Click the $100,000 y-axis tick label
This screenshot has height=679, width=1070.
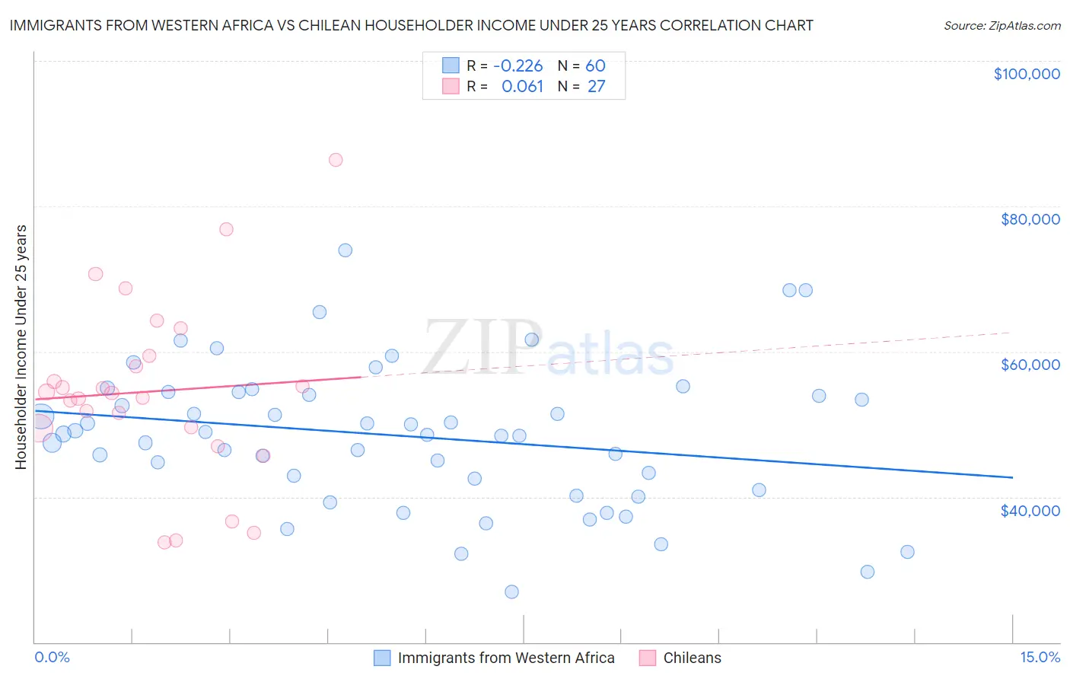1026,74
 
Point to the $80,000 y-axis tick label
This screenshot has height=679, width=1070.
1030,219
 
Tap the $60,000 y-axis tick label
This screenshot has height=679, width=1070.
1030,365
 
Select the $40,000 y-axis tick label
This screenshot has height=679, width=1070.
1030,510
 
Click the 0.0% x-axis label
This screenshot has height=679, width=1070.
52,657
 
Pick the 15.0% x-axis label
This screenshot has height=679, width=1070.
1039,657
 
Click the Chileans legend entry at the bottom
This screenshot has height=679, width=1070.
691,658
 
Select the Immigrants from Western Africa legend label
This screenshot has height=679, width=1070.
505,658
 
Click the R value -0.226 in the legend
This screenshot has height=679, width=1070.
517,65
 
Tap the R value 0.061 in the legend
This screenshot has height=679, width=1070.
522,86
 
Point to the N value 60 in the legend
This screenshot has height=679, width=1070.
595,65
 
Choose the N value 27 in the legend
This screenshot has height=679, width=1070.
596,86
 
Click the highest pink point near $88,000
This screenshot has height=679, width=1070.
336,160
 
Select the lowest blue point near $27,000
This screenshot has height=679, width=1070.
511,591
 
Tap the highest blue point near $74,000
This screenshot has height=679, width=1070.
346,250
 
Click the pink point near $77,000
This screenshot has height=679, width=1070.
226,229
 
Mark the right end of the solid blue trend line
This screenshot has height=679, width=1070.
1012,477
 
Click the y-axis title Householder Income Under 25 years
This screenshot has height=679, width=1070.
21,346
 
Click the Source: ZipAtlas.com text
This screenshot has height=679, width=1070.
1002,26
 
